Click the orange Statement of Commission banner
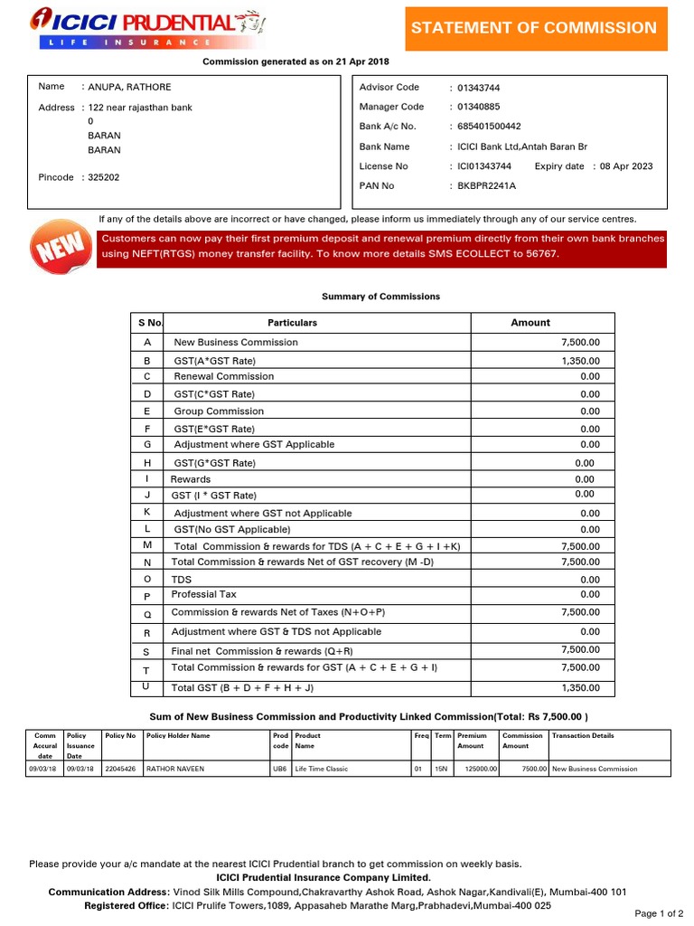[534, 28]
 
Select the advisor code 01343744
[479, 88]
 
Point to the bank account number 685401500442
[489, 127]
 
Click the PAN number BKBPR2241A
[486, 186]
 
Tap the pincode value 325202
[103, 178]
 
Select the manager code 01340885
[479, 107]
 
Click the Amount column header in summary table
[530, 323]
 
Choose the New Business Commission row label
[236, 343]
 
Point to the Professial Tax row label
[204, 595]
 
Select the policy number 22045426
[120, 770]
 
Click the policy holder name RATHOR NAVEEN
[175, 770]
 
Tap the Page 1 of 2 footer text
[659, 914]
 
